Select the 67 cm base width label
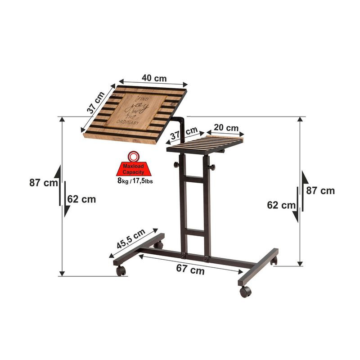coord(190,270)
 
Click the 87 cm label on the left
coord(44,183)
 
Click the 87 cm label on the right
coord(320,190)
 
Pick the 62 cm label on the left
coord(82,199)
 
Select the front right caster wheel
coord(245,291)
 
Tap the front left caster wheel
coord(121,270)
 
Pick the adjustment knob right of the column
coord(212,168)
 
